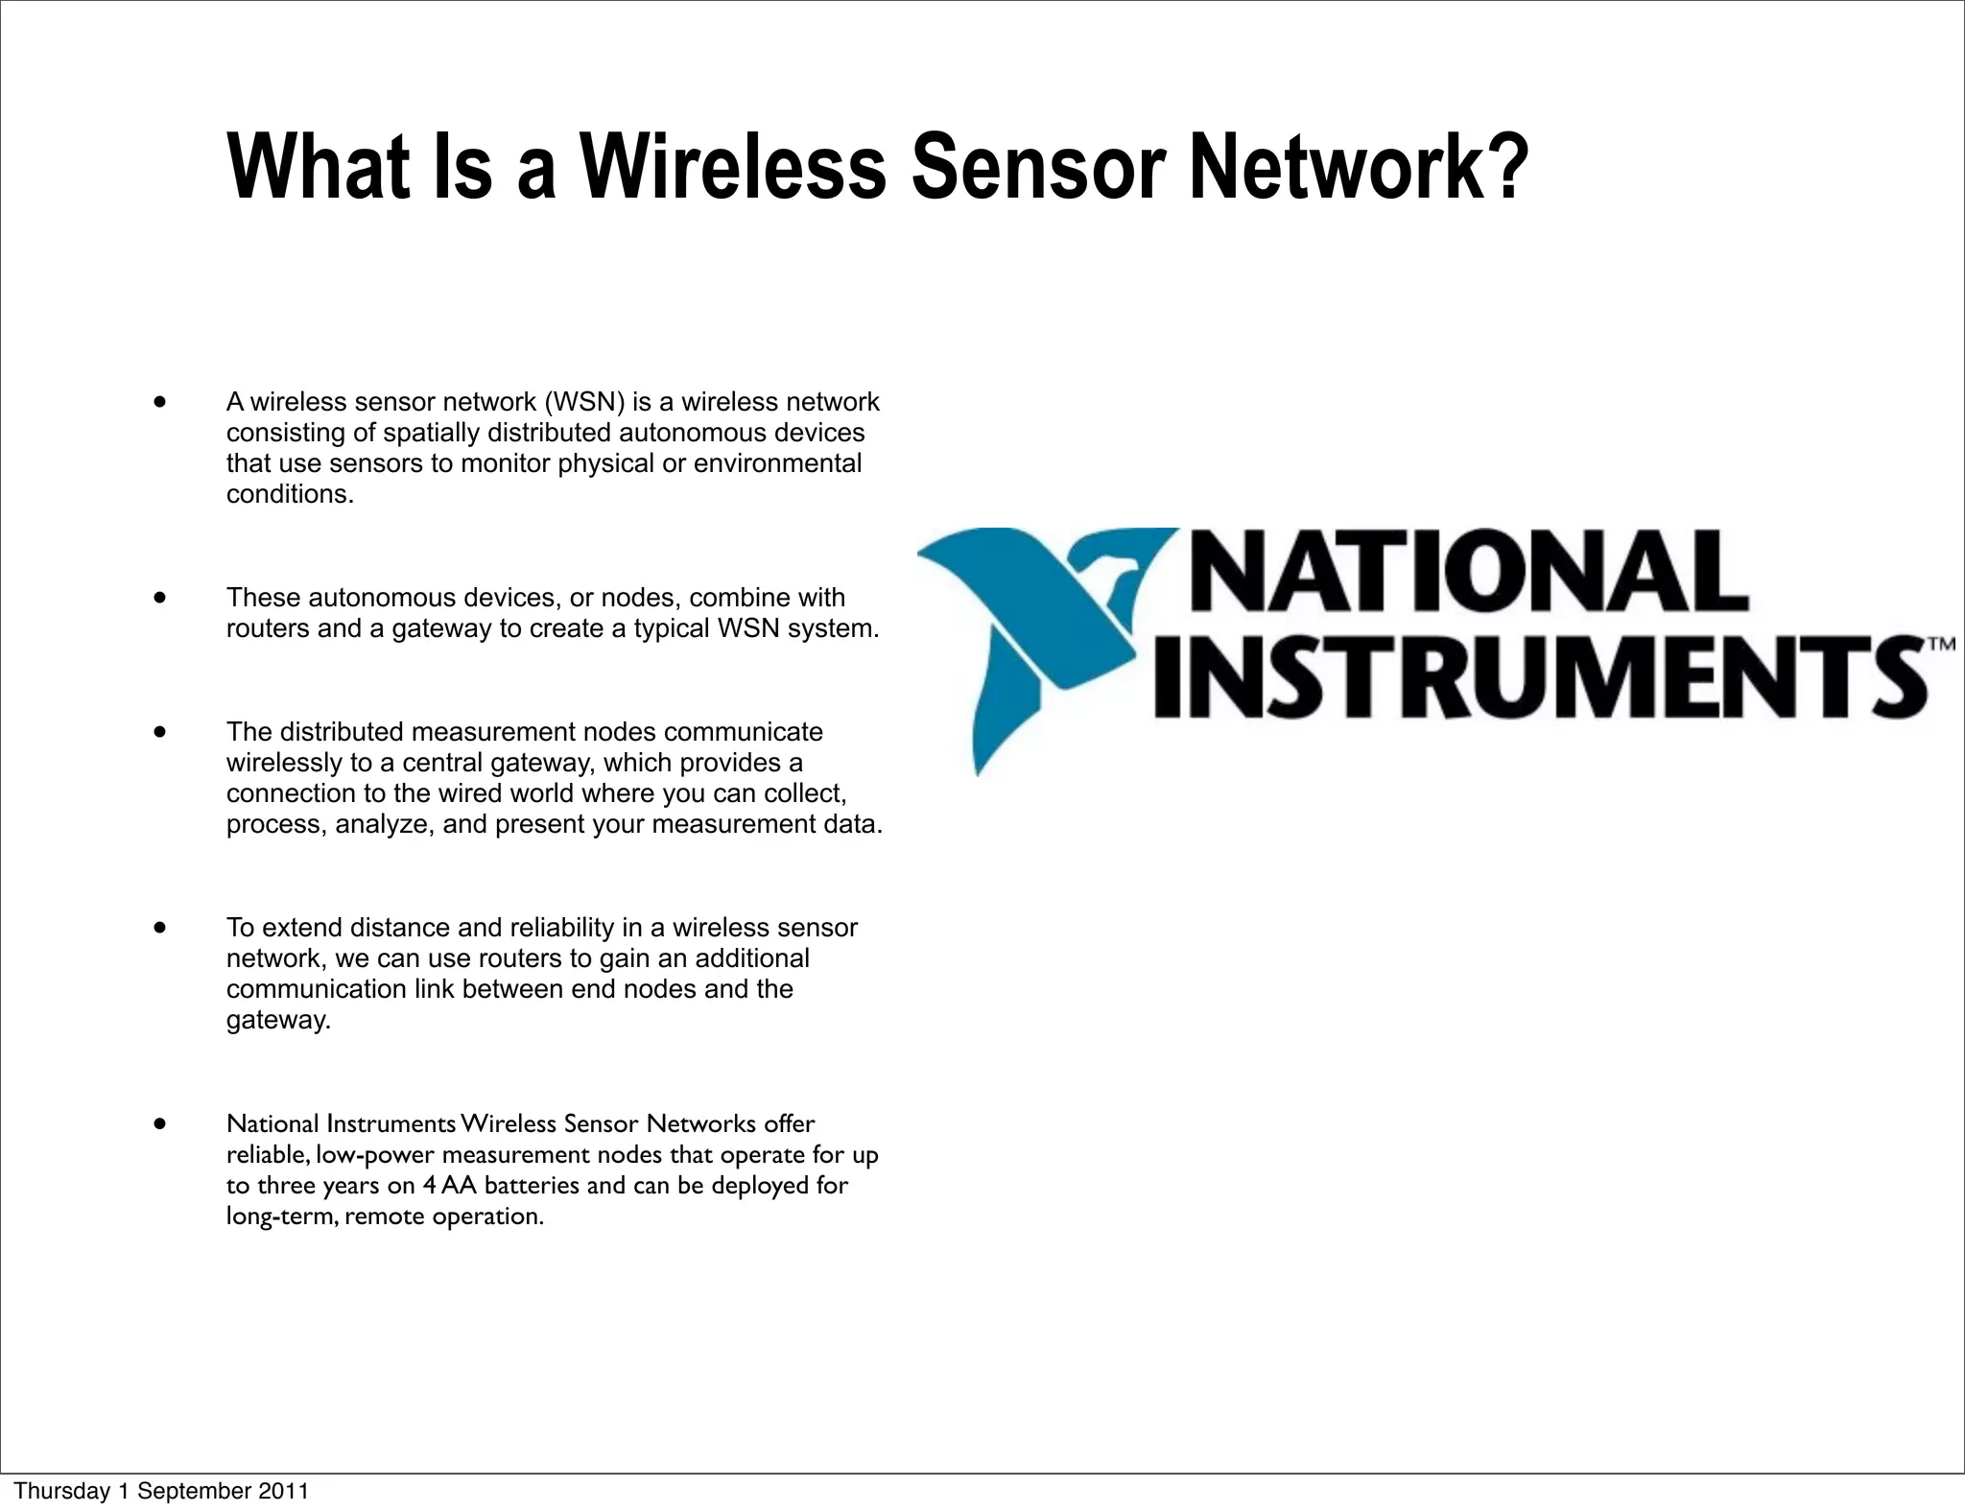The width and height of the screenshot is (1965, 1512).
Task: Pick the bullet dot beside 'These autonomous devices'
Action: tap(159, 597)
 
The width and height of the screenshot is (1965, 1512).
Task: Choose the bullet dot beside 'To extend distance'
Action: tap(159, 927)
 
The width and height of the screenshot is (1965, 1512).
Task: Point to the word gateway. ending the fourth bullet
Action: tap(278, 1020)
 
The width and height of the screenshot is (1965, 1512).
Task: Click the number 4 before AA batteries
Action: tap(429, 1186)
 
